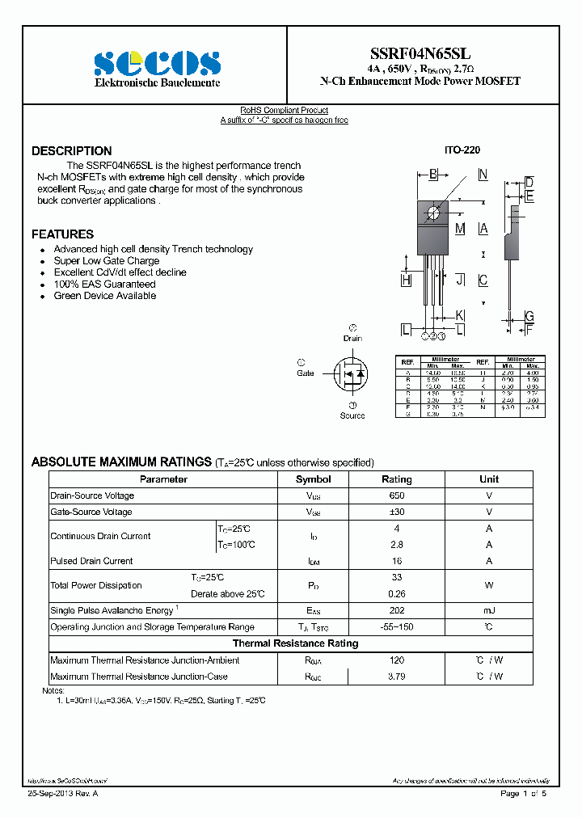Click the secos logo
tap(157, 63)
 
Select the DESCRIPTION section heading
tap(72, 151)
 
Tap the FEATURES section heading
tap(62, 234)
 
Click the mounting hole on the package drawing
tap(433, 213)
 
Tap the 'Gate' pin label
tap(305, 373)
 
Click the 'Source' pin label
tap(352, 415)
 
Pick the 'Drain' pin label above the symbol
tap(352, 339)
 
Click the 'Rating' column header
tap(396, 479)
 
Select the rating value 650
tap(396, 495)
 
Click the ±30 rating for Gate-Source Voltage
tap(396, 512)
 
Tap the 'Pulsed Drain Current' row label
tap(91, 561)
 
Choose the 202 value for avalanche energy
tap(396, 611)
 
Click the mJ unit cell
tap(489, 611)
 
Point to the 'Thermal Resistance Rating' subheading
tap(295, 643)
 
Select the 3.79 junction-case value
tap(396, 677)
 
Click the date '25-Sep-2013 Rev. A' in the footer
tap(62, 795)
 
